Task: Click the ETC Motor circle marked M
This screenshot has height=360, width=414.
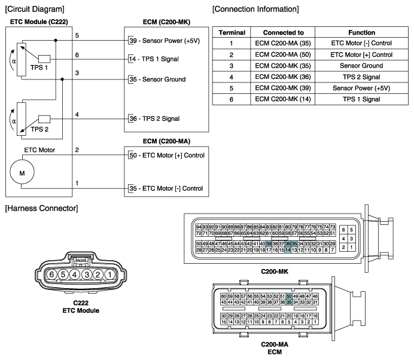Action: point(22,172)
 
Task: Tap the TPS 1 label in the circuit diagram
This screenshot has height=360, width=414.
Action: point(39,68)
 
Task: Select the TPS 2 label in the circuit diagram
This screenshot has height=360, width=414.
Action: point(39,129)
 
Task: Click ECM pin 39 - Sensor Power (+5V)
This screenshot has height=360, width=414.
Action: point(165,41)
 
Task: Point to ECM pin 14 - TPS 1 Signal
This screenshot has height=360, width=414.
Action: point(153,59)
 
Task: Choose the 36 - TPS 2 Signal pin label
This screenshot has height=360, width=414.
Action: point(154,118)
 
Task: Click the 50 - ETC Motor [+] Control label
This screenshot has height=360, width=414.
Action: point(166,155)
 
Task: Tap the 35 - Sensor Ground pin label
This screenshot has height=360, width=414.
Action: point(157,79)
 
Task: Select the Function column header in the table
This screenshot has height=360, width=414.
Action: point(362,32)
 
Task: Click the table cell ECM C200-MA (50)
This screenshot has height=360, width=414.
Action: point(283,54)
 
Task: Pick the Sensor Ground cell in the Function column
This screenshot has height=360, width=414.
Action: point(361,66)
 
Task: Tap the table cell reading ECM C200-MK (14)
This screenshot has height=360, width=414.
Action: point(283,99)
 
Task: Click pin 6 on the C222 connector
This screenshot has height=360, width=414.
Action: point(51,274)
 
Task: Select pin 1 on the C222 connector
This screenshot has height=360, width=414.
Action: point(110,274)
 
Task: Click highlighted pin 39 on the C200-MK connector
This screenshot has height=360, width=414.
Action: point(269,244)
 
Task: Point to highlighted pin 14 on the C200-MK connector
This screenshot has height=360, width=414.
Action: point(288,250)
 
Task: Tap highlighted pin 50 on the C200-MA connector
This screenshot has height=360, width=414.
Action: point(289,297)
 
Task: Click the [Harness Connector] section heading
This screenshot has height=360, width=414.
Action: point(42,208)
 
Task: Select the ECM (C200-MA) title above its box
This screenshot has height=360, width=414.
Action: point(166,141)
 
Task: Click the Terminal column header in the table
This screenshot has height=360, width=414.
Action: point(232,32)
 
